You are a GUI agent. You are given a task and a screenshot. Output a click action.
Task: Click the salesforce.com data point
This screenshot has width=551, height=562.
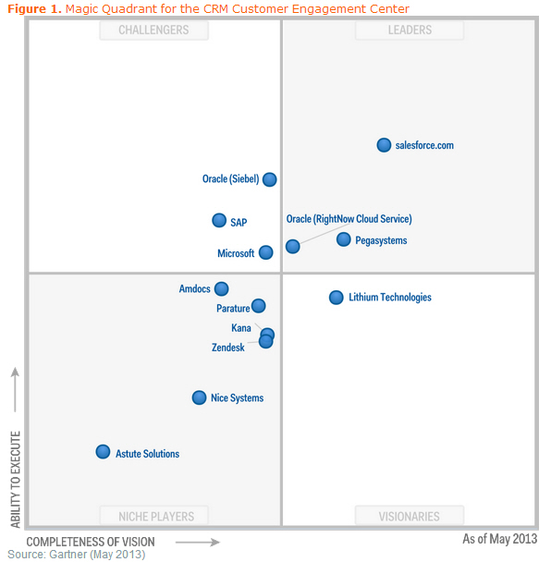coord(384,145)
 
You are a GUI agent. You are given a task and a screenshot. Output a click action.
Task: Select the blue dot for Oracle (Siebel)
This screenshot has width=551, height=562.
coord(269,179)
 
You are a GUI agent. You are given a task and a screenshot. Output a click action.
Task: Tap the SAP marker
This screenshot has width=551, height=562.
coord(219,220)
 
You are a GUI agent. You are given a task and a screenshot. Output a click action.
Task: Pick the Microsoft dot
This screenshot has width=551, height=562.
coord(265,252)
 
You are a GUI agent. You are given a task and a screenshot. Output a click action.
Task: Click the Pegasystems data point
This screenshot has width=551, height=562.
coord(343,239)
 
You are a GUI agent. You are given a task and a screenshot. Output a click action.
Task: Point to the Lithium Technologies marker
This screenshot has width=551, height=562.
coord(337,297)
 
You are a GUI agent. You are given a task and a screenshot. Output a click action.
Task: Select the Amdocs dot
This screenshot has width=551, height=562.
coord(221,288)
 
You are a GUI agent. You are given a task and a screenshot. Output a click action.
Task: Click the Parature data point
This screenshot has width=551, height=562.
coord(258,306)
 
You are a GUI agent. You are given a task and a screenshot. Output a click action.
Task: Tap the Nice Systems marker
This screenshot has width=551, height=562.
coord(199,397)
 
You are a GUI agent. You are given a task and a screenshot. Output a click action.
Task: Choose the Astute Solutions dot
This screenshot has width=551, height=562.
coord(103,452)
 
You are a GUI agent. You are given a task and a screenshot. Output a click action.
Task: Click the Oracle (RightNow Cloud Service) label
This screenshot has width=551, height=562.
coord(349,219)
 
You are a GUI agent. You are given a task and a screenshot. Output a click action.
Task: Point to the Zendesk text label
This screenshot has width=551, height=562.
coord(228,348)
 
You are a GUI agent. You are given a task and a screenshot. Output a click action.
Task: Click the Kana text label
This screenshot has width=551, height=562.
coord(240,328)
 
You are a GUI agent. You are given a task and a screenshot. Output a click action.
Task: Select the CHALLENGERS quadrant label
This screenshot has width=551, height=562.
coord(153,31)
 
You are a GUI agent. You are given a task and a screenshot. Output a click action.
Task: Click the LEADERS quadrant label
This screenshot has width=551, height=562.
coord(410,31)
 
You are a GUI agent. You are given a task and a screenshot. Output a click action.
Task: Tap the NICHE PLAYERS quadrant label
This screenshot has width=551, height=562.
coord(153,517)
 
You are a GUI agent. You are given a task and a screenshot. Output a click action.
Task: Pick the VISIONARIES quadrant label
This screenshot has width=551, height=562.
coord(410,517)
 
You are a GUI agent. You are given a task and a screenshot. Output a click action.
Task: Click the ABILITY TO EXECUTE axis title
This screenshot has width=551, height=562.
coord(15,477)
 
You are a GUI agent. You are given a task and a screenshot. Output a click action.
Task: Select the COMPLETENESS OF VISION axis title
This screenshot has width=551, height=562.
coord(91,542)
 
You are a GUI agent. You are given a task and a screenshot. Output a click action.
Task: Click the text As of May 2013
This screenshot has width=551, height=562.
coord(499,539)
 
